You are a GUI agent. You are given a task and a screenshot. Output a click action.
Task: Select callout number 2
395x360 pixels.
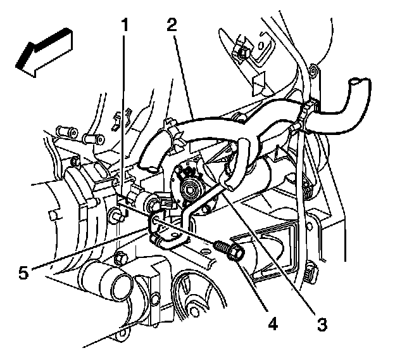pyautogui.click(x=172, y=26)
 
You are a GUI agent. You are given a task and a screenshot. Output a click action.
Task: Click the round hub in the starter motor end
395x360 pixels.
pyautogui.click(x=187, y=184)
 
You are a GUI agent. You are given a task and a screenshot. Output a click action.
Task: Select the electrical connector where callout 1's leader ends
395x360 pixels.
pyautogui.click(x=161, y=203)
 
